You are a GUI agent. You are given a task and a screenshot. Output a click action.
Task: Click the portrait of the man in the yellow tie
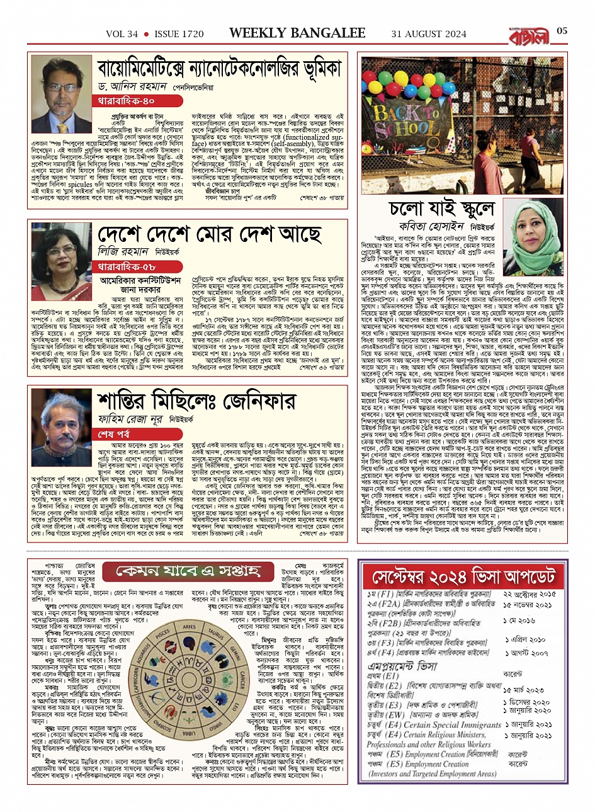pos(61,95)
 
